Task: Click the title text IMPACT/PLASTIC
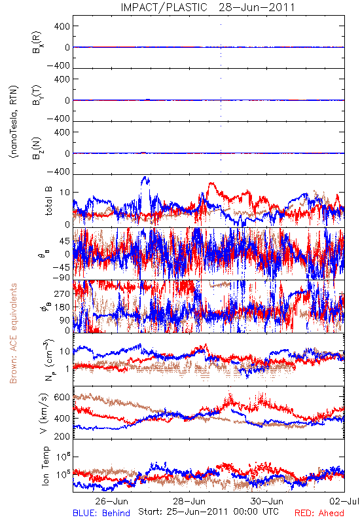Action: point(164,7)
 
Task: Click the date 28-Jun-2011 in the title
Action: point(257,7)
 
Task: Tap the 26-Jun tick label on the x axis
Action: point(111,501)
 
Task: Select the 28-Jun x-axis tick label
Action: point(189,501)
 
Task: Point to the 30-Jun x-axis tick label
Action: point(266,501)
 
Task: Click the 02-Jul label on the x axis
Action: point(344,501)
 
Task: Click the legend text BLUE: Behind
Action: point(101,513)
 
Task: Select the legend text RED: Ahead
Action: point(319,513)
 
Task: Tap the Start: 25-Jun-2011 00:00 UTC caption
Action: point(208,512)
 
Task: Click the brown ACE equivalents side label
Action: point(13,333)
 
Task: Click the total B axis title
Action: point(48,201)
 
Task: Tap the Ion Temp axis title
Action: point(45,466)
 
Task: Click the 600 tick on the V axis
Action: point(62,398)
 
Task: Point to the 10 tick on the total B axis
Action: point(65,193)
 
